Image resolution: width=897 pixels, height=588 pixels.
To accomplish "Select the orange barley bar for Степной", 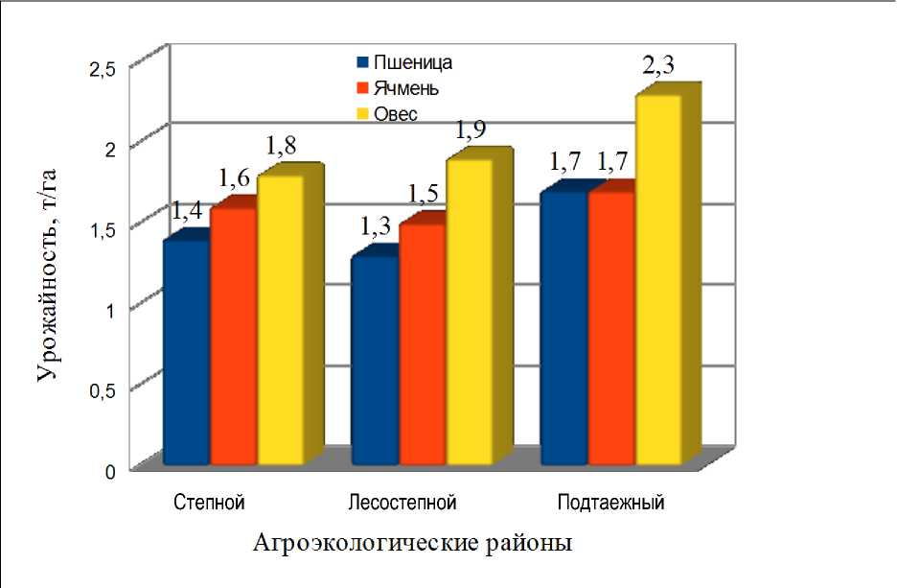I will [233, 336].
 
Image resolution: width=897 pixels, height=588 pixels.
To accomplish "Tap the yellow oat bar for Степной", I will [279, 320].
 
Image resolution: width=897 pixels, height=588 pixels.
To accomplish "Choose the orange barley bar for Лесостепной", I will [422, 344].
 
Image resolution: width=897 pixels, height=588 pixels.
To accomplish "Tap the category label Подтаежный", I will [610, 503].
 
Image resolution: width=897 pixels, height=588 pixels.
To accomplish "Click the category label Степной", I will [208, 503].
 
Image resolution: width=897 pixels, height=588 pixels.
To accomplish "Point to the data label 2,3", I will [657, 66].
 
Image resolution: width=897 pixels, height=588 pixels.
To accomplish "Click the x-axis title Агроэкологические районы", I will [413, 544].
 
